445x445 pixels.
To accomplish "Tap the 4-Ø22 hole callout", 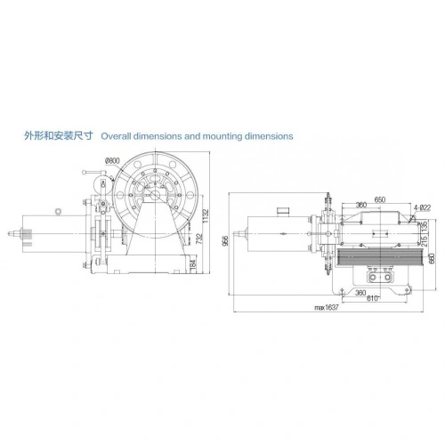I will [x=423, y=207].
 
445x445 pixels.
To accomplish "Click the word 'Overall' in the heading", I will [x=119, y=137].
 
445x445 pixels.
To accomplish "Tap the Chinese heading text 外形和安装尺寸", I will [x=59, y=137].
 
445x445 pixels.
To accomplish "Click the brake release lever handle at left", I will [x=91, y=172].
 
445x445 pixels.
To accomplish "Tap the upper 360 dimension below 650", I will [x=360, y=206].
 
